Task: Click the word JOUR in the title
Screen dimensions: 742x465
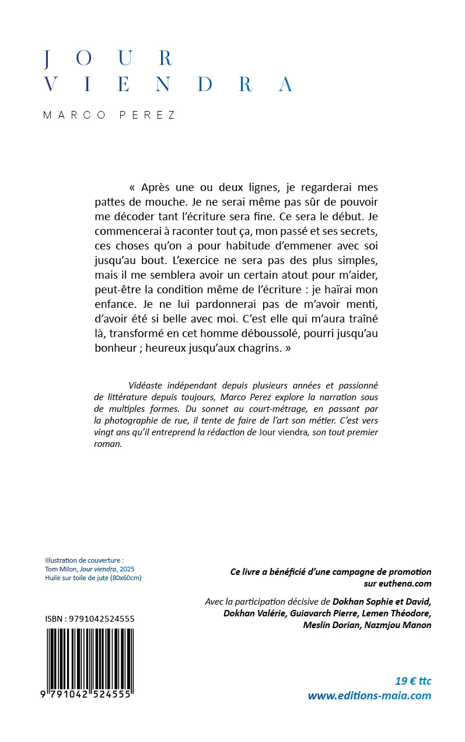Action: point(109,58)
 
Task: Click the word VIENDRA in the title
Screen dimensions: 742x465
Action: point(168,85)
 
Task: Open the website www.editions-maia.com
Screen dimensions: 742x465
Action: point(369,695)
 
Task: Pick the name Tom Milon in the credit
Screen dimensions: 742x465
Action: point(61,568)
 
